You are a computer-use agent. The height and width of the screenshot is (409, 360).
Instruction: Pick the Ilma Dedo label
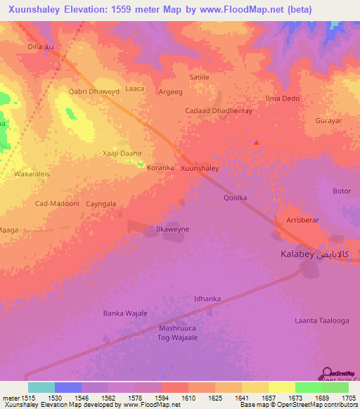[282, 98]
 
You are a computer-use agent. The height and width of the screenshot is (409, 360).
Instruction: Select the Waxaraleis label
[32, 173]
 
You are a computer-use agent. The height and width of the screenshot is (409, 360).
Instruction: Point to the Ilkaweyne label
[172, 229]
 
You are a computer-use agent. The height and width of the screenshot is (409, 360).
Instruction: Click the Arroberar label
[304, 220]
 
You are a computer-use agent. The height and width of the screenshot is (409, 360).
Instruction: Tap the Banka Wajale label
[125, 313]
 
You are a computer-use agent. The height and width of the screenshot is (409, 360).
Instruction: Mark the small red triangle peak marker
[257, 143]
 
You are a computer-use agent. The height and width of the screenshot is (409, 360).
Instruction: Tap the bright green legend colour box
[308, 387]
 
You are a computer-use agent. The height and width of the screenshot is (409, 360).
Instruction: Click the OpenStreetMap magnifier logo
[327, 372]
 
